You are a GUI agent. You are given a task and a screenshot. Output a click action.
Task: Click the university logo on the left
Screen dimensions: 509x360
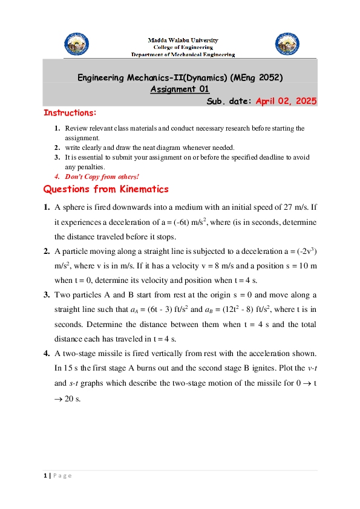[76, 44]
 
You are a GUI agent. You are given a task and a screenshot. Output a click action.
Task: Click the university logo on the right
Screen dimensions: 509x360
[287, 44]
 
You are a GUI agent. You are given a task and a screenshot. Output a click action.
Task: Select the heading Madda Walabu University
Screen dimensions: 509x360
[183, 40]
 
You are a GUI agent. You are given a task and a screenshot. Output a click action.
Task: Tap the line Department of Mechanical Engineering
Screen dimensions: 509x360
[183, 54]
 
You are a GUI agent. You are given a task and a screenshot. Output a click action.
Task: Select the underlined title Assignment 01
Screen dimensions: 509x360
[180, 89]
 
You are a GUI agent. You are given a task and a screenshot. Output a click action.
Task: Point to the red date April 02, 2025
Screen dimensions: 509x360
[286, 102]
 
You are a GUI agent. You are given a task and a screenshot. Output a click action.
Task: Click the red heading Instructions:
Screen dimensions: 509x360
[70, 113]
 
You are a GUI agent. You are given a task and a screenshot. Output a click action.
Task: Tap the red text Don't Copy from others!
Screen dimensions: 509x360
[102, 177]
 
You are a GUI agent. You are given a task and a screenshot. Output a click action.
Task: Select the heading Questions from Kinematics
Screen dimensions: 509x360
[106, 190]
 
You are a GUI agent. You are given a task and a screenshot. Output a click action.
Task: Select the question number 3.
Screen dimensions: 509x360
[47, 295]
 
